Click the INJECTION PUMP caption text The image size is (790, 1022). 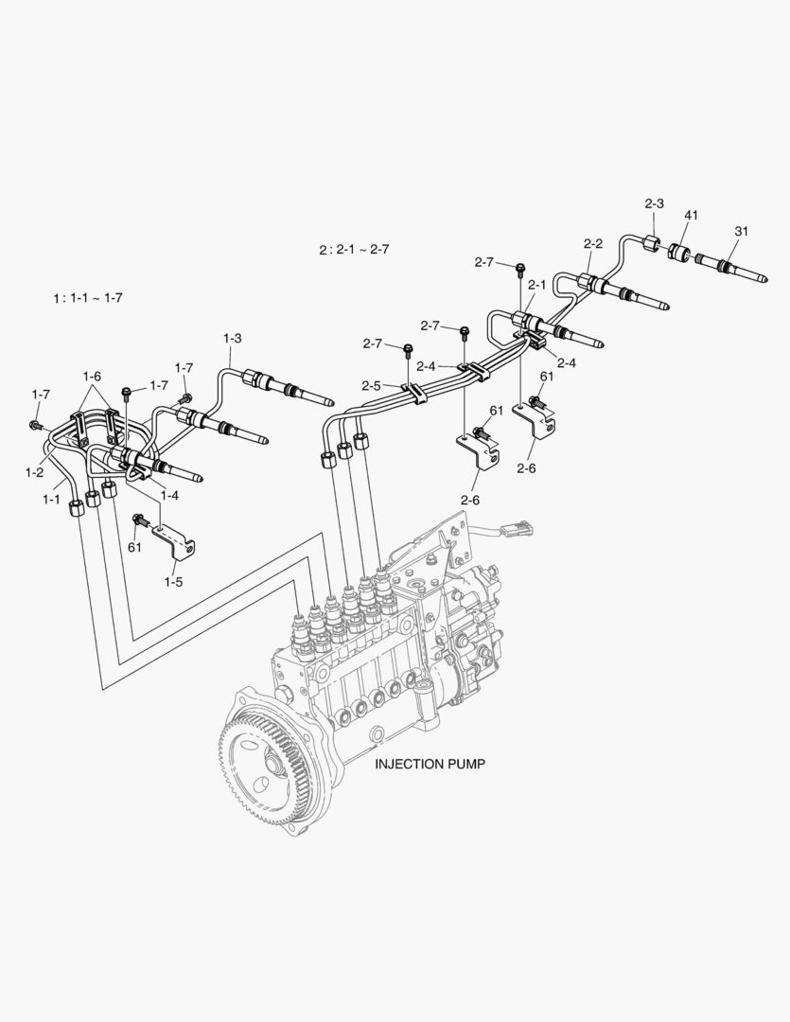coord(430,764)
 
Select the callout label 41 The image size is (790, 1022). coord(691,217)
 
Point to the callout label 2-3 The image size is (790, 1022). coord(655,203)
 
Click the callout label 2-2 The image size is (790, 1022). coord(593,243)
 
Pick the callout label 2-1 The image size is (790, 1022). coord(537,284)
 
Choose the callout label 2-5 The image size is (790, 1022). coord(370,385)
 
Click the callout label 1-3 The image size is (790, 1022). coord(232,338)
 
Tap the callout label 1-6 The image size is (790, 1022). coord(92,377)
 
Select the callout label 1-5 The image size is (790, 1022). coord(172,582)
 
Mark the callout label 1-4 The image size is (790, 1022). coord(170,495)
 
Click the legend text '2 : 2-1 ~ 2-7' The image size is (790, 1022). coord(354,250)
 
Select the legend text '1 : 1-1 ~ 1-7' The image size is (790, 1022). coord(87,298)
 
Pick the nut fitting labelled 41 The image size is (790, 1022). coord(678,253)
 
